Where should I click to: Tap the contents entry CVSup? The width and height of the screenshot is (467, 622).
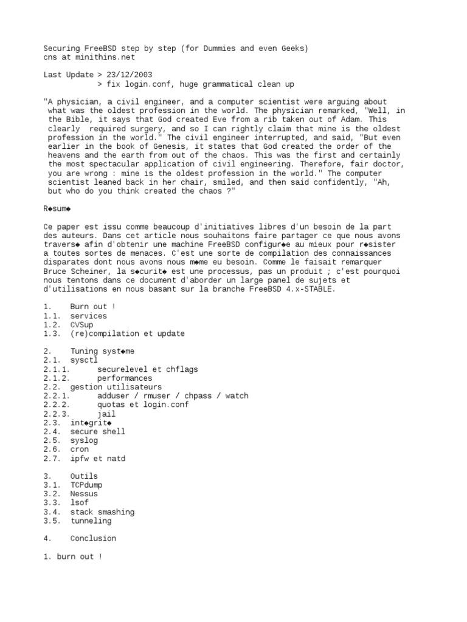[81, 325]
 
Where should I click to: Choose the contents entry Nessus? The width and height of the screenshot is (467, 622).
[84, 494]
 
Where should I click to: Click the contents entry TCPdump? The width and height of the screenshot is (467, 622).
[86, 485]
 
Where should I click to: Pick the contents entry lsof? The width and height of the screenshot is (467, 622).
[79, 503]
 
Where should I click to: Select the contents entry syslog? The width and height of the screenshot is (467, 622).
[84, 440]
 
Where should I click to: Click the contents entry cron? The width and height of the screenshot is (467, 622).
[79, 449]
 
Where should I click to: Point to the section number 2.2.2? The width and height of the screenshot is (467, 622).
[57, 405]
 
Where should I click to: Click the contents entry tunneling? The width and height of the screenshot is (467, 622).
[91, 521]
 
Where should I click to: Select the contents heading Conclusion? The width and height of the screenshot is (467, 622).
[93, 538]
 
